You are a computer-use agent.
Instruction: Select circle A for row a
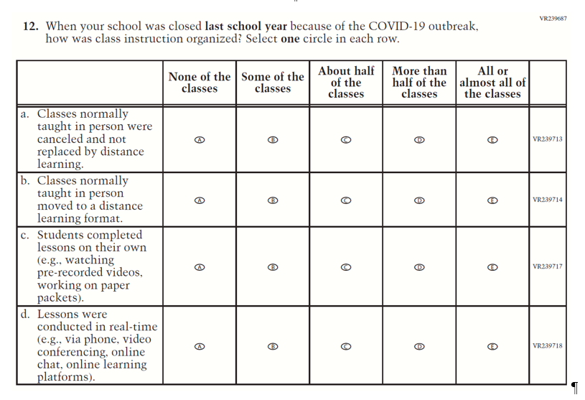pos(200,139)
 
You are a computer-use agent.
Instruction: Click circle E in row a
pos(492,139)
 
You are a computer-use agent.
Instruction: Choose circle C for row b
pos(346,200)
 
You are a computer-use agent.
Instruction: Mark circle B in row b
pos(273,200)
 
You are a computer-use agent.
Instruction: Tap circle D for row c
pos(420,267)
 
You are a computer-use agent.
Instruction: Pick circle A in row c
pos(200,267)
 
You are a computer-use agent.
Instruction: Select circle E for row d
pos(492,346)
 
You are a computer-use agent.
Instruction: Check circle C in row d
pos(346,346)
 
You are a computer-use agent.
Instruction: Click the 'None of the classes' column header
pos(200,83)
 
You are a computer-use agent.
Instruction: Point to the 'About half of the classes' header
pos(346,83)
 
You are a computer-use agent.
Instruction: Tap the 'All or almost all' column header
pos(492,83)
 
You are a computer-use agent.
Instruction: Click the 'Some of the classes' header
pos(273,83)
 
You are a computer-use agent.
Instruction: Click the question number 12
pos(30,27)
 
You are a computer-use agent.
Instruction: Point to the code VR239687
pos(552,18)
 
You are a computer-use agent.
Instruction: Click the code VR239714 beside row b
pos(548,200)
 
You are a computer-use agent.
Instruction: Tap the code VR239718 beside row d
pos(548,346)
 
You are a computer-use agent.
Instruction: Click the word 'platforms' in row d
pos(65,377)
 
